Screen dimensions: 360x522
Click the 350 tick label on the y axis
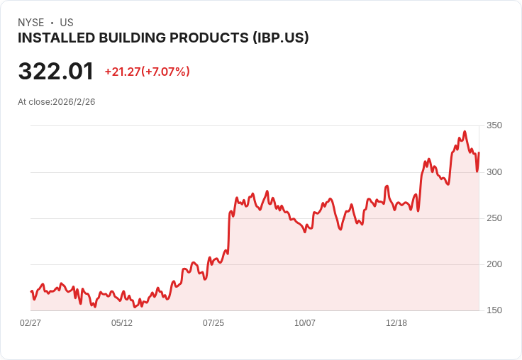pos(494,125)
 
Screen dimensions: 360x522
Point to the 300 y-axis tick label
pos(494,172)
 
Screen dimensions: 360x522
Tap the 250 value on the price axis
pos(494,218)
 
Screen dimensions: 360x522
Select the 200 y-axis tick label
pos(494,264)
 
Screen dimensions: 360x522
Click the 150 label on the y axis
pos(494,310)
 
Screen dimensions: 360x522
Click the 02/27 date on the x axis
pos(30,322)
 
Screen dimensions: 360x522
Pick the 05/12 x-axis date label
pos(122,322)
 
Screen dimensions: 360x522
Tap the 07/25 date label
pos(213,322)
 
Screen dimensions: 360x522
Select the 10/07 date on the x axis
pos(305,322)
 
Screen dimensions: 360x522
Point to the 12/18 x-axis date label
pos(396,322)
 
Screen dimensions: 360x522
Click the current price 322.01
pos(56,72)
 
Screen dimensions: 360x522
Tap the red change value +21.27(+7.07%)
pos(147,72)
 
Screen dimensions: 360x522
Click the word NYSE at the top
pos(30,23)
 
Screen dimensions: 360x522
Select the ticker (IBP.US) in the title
pos(281,38)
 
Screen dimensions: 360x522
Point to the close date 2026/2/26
pos(74,101)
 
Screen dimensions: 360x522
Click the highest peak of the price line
pos(465,131)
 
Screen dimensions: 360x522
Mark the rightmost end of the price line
pos(479,153)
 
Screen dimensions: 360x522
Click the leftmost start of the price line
pos(31,291)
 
